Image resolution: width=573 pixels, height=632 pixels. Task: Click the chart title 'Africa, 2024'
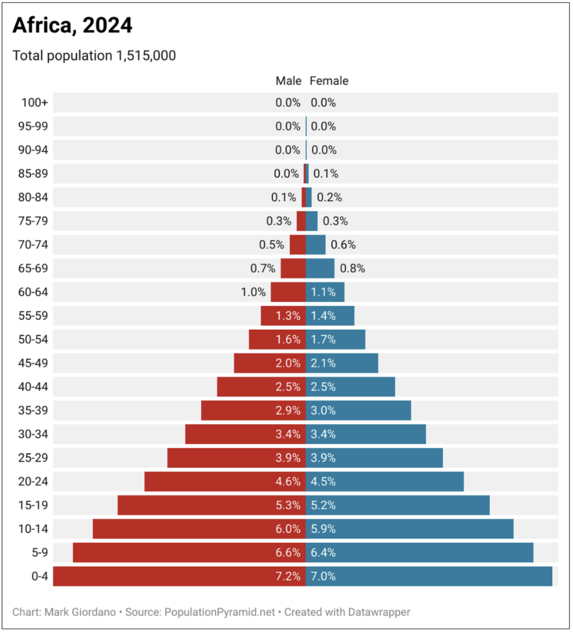click(x=72, y=25)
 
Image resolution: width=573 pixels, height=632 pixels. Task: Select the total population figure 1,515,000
click(x=146, y=56)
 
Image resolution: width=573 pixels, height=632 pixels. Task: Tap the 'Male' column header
click(x=288, y=81)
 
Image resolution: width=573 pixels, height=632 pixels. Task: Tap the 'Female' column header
click(x=329, y=81)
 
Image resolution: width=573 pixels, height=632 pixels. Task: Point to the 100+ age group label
click(x=34, y=103)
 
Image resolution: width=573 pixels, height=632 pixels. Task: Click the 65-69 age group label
click(x=33, y=268)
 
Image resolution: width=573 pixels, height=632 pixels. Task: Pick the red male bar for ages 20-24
click(x=208, y=482)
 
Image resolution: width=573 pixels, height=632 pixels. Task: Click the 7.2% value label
click(x=288, y=576)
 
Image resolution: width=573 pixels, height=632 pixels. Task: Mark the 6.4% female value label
click(x=323, y=552)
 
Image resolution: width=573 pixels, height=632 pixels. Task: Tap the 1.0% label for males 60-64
click(x=253, y=292)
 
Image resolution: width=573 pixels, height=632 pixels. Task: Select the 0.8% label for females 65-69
click(x=352, y=268)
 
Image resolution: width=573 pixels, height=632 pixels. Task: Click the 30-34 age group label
click(x=33, y=434)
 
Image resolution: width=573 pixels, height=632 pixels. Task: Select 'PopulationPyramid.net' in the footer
click(x=220, y=612)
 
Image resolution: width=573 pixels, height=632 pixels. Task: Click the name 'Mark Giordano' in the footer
click(x=80, y=612)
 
